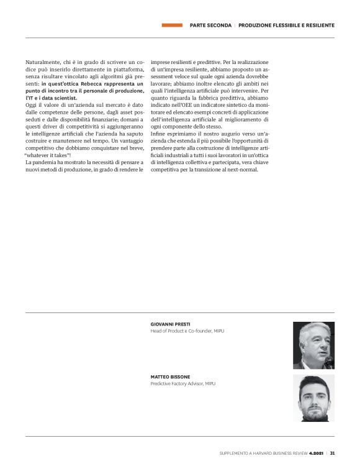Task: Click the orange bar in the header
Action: pos(171,25)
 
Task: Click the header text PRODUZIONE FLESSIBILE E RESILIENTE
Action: pos(287,25)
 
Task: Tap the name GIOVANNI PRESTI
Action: pos(171,324)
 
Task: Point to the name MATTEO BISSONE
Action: pos(170,377)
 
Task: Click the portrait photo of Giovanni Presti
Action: pos(313,345)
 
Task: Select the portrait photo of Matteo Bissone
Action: pos(313,398)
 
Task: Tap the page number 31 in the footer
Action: pos(332,453)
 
